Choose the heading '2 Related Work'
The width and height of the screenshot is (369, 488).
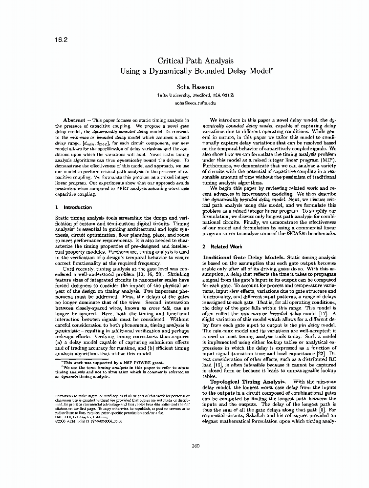[222, 247]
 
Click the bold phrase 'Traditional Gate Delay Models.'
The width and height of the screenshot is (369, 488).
[244, 256]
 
